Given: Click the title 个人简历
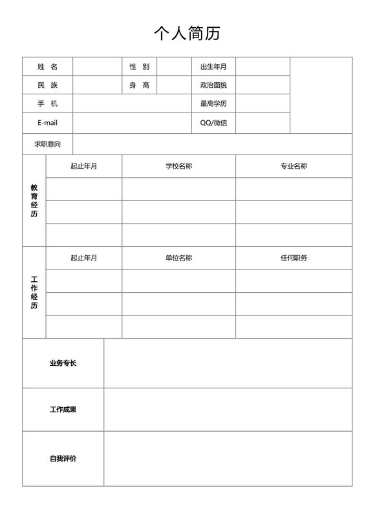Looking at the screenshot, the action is point(187,33).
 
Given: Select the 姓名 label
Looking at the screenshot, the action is point(47,67).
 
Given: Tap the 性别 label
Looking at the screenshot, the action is point(139,67).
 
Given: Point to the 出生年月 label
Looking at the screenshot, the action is point(213,67).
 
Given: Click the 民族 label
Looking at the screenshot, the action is point(47,85).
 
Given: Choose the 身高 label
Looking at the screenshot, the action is point(139,85).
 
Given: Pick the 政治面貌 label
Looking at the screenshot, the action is point(213,85).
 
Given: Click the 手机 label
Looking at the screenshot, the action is point(47,103).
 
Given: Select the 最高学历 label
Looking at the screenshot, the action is point(213,103).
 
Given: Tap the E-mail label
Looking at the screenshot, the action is point(47,122).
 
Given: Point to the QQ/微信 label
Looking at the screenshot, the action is point(213,122).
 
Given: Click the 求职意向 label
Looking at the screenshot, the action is point(47,143).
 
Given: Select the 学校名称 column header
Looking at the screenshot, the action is point(178,166).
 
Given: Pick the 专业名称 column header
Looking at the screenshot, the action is point(294,166).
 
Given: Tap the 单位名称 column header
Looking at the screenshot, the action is point(178,258).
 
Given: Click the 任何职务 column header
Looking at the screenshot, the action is point(294,258).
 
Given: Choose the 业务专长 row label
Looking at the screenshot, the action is point(63,363).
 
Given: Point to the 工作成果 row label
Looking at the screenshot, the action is point(63,409).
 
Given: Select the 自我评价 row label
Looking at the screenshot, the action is point(63,458).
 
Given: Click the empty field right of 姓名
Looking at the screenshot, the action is point(97,67).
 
